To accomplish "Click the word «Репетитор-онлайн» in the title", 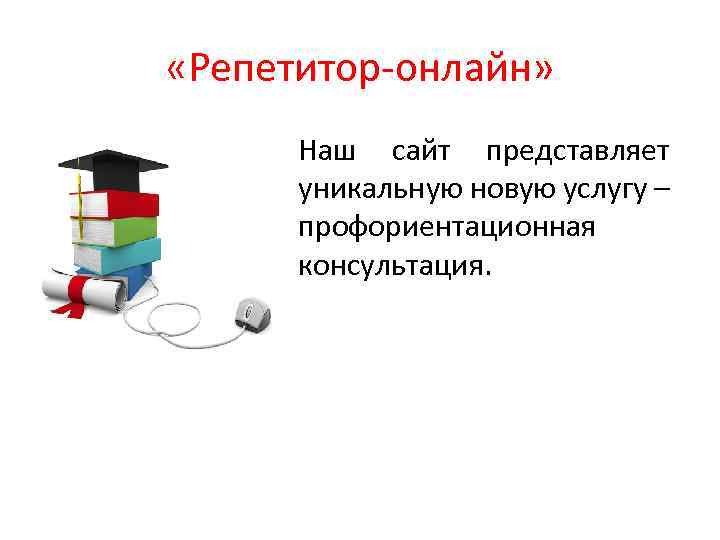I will click(x=359, y=73).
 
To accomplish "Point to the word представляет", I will click(x=577, y=153).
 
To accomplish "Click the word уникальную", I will click(x=371, y=190).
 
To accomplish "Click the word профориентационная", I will click(x=446, y=228).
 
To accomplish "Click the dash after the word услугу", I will click(x=662, y=190).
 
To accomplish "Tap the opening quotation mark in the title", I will click(x=179, y=73).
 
